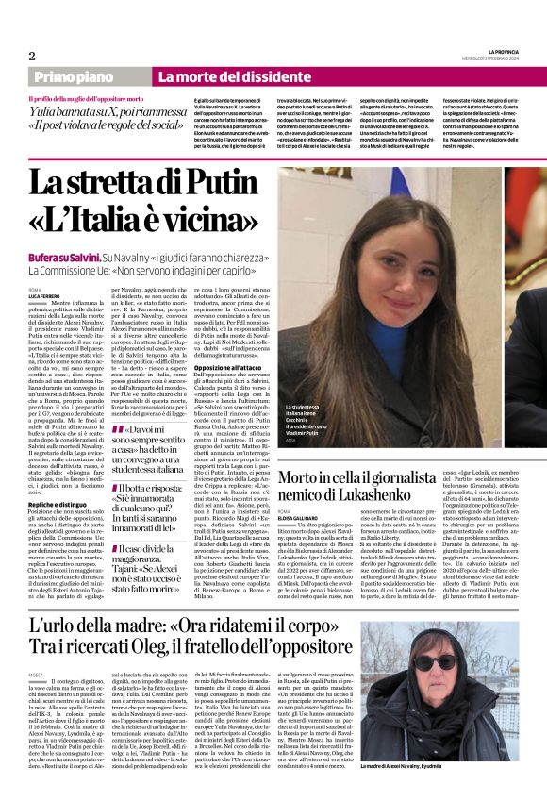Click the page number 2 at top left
32,56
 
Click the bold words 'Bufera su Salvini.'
64,256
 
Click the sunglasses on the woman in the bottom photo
434,662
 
